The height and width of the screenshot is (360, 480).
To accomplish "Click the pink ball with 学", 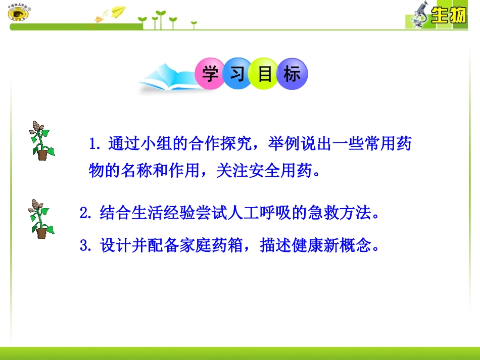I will pos(209,75).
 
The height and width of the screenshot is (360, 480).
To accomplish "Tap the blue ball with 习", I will pos(237,75).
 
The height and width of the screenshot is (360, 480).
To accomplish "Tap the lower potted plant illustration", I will pos(41,219).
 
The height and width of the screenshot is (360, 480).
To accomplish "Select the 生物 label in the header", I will pos(448,17).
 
